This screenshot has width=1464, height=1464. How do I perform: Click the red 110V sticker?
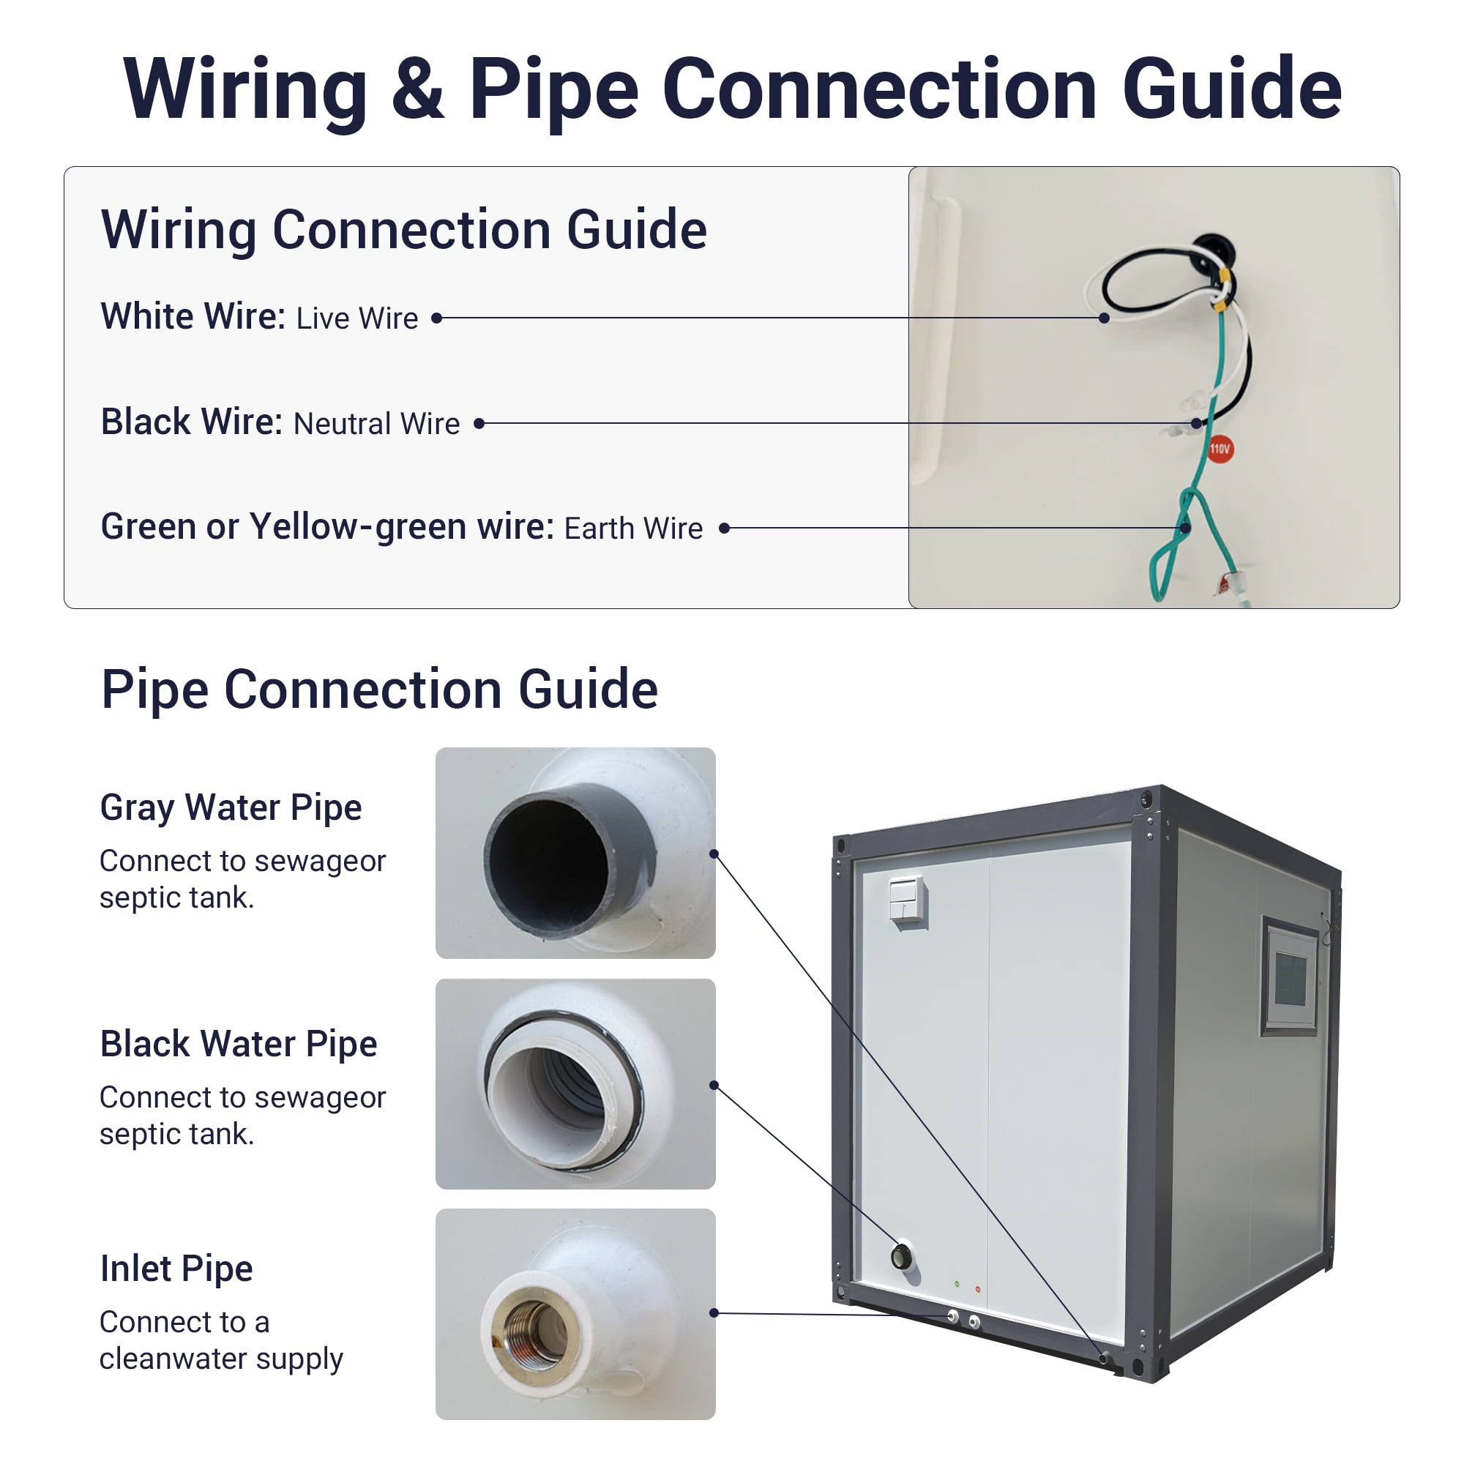(1220, 449)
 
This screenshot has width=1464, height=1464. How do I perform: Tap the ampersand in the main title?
(417, 89)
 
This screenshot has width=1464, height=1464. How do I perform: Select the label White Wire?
(193, 316)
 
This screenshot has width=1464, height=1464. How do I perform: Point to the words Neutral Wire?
(376, 424)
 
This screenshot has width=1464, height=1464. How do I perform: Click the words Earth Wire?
(633, 529)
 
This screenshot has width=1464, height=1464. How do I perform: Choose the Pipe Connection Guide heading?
(380, 690)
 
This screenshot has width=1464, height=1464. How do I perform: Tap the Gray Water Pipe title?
(231, 808)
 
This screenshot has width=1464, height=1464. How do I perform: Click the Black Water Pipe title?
(239, 1045)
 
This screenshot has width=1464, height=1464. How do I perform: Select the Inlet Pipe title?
(176, 1269)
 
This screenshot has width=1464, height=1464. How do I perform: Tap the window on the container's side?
(1289, 976)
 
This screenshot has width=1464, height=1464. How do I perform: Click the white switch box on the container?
(908, 900)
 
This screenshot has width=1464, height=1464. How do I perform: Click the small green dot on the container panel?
(957, 1284)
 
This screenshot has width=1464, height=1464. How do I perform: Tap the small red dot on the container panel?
(977, 1289)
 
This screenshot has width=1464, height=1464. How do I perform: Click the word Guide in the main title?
(1231, 89)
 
